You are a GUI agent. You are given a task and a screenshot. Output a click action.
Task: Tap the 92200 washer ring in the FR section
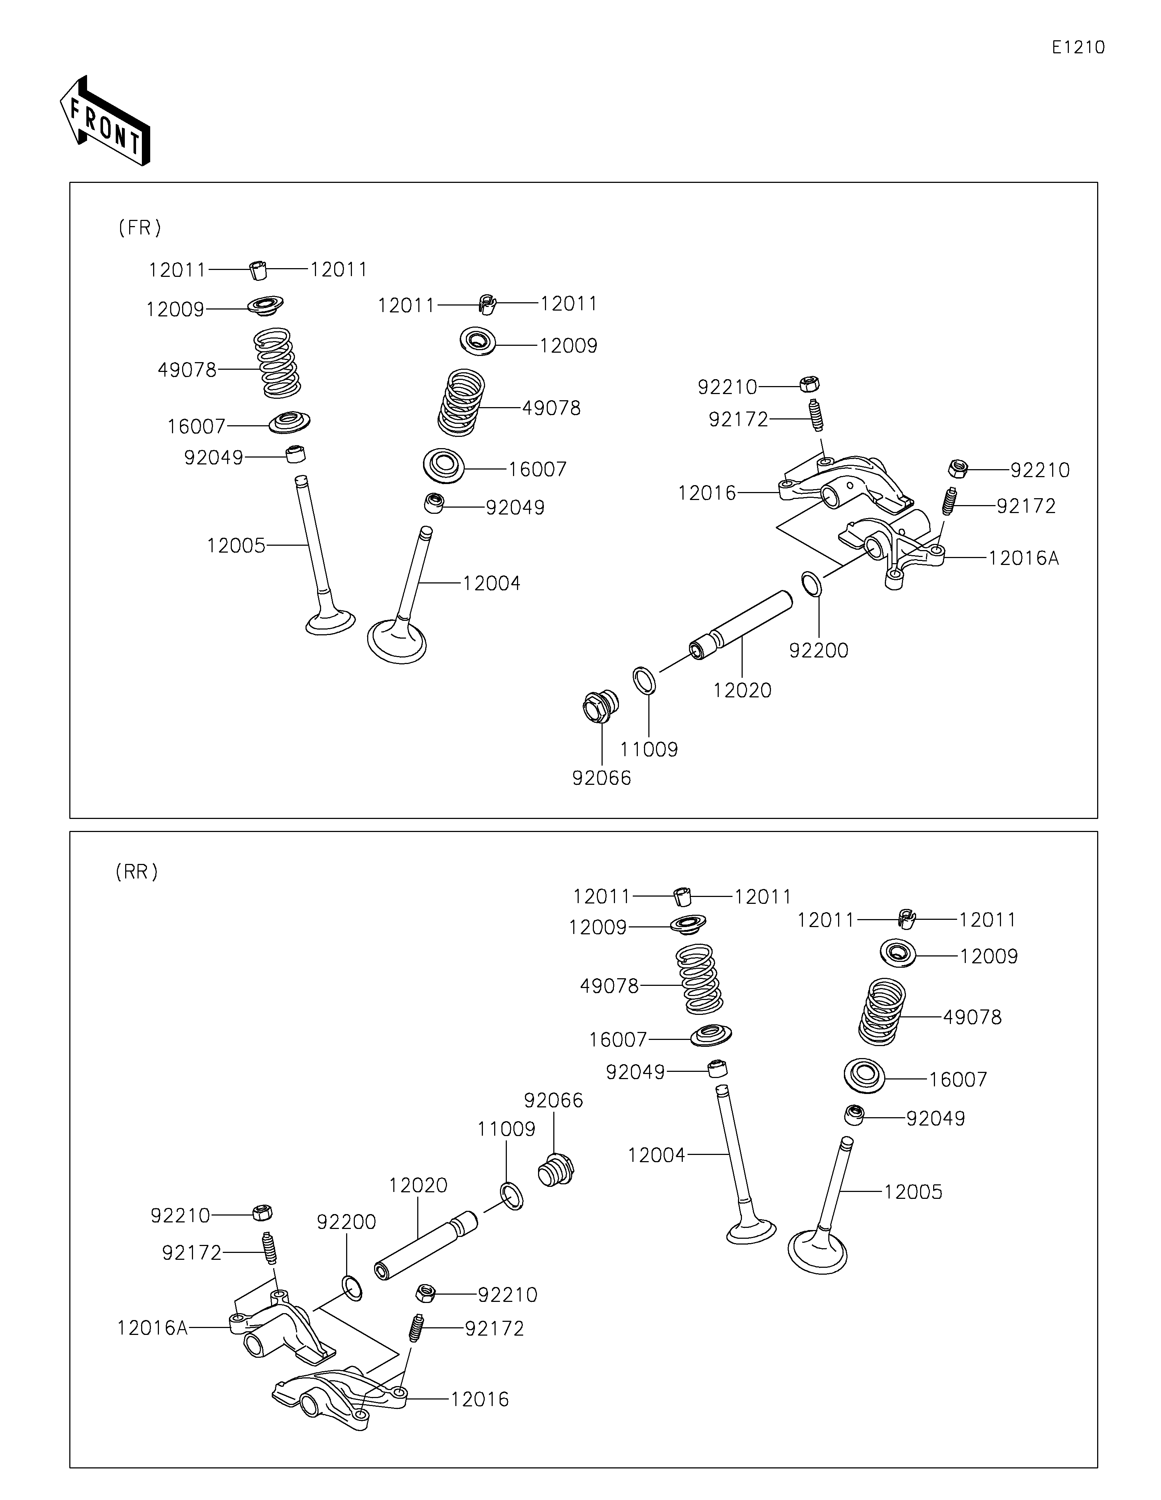tap(811, 583)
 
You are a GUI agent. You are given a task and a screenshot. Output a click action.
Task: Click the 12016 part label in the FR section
tap(706, 493)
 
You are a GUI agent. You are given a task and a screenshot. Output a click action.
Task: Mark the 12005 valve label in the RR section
tap(912, 1192)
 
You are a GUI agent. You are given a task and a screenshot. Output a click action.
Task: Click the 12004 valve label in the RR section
tap(656, 1155)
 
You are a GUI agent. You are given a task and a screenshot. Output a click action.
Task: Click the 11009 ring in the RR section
tap(511, 1196)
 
